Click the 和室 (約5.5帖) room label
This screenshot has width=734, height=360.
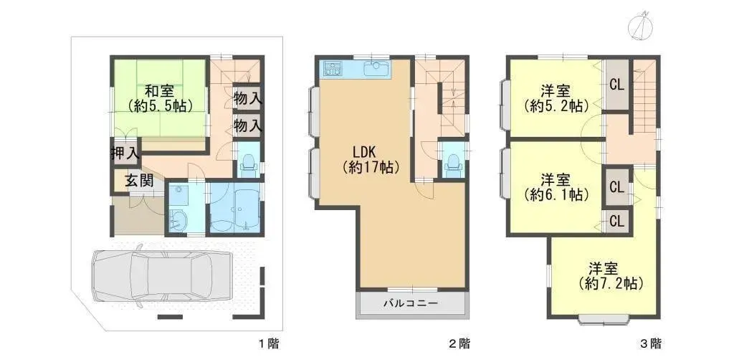(158, 98)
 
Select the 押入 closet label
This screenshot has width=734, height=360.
(125, 152)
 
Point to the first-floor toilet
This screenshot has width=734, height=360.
(247, 164)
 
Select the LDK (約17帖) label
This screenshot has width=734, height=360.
(370, 159)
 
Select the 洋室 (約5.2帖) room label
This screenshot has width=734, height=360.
(556, 98)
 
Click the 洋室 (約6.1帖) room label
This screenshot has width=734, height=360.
(556, 186)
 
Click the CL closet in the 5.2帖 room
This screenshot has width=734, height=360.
(616, 84)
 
